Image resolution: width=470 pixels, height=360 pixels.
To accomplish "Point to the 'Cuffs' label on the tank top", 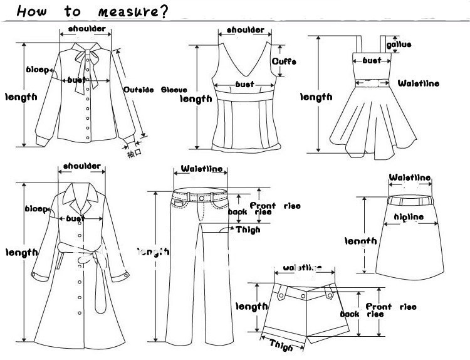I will [283, 61].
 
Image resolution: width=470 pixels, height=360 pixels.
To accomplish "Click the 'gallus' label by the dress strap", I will [399, 45].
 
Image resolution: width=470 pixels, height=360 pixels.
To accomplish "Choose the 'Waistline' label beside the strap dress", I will [419, 83].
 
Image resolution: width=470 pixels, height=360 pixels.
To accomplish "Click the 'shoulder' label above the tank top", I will [245, 30].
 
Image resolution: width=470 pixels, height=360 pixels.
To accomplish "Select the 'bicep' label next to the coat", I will [34, 209].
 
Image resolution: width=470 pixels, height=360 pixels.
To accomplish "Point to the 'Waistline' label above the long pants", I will [201, 169].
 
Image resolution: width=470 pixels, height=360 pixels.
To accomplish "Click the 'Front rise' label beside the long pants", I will [275, 206].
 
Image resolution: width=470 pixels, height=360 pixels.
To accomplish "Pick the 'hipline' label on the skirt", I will [408, 217].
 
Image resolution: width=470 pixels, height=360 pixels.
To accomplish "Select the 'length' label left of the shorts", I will [251, 306].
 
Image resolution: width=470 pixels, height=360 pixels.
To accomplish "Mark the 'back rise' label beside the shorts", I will [353, 314].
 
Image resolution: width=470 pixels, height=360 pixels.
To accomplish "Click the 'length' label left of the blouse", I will [21, 97].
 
